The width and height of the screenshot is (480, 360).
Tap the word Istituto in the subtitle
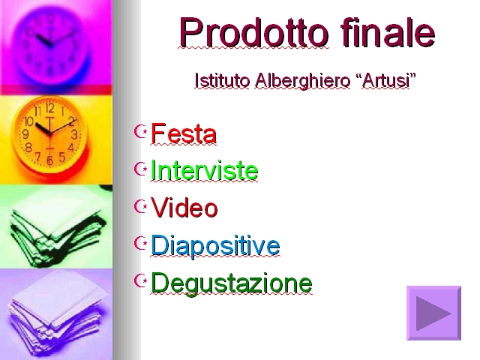point(222,81)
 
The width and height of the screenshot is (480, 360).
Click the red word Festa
point(184,133)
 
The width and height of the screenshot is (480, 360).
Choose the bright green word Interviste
point(205,170)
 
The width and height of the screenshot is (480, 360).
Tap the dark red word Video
point(184,208)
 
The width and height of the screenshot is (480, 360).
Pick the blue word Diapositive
point(215,245)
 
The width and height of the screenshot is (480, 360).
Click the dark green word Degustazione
point(232,283)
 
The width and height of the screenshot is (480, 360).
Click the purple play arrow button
point(433,313)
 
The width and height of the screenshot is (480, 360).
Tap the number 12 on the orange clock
point(50,108)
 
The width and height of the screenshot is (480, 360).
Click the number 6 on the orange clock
point(50,160)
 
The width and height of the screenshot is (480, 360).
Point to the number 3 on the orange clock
point(74,134)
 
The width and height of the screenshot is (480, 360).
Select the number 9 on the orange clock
point(25,133)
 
